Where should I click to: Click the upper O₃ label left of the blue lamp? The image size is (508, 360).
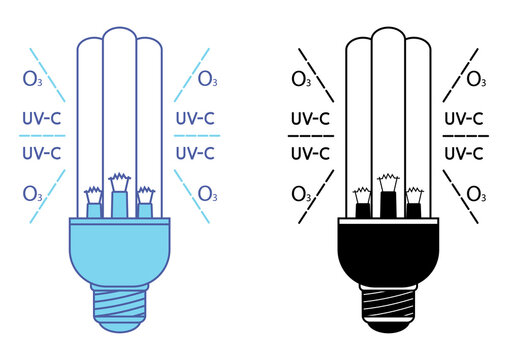tap(33, 78)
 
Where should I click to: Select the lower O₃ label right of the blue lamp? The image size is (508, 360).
tap(207, 193)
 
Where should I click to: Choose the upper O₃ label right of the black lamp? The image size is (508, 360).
tap(476, 79)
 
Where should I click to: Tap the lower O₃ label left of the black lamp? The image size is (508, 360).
tap(301, 193)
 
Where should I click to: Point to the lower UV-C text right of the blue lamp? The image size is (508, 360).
tap(196, 154)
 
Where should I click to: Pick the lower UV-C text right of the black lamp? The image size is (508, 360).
tap(463, 154)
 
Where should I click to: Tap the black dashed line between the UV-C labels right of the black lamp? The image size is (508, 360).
tap(463, 136)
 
